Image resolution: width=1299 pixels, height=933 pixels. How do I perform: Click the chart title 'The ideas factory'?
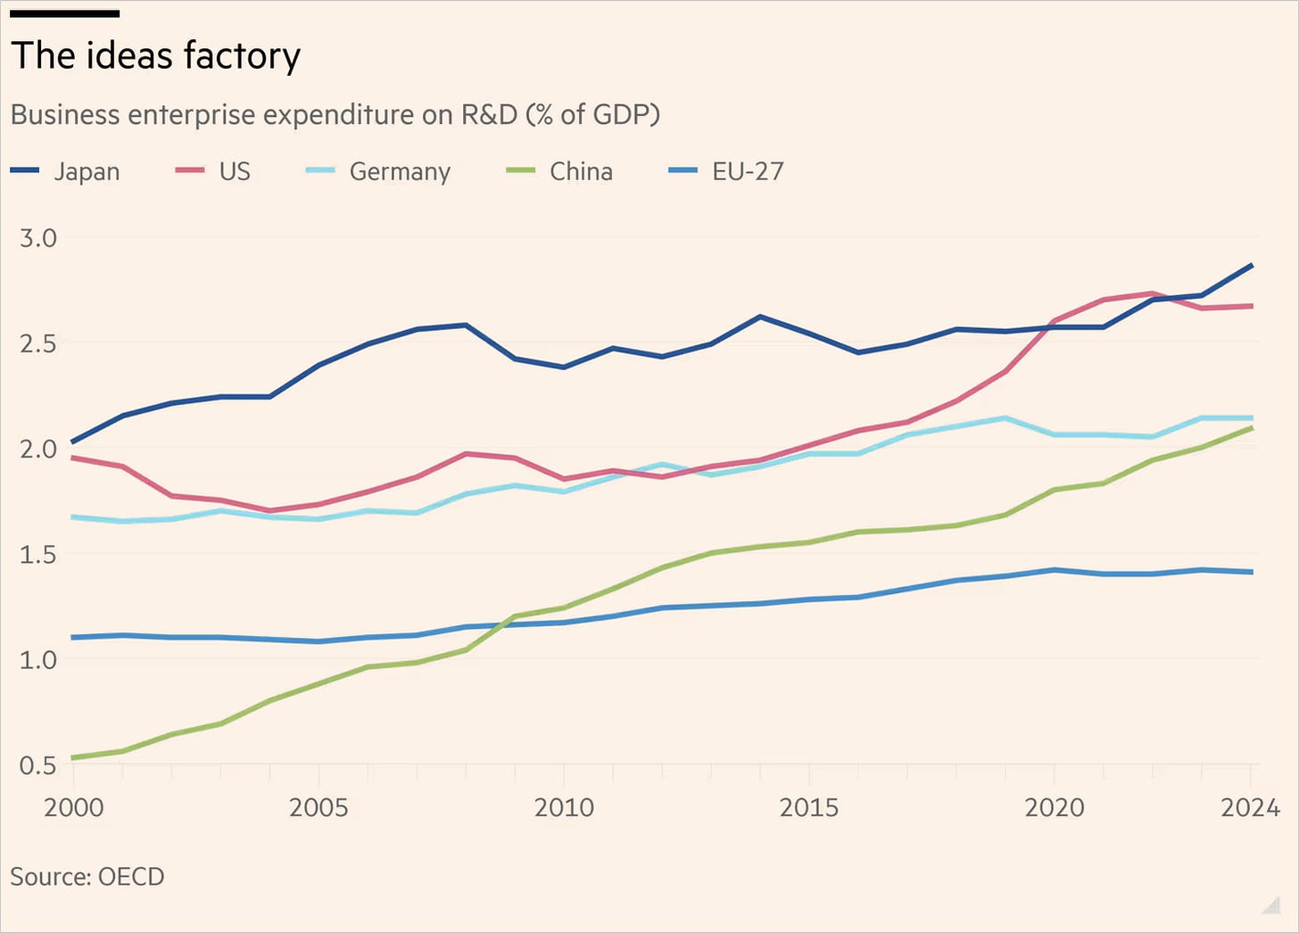(x=155, y=56)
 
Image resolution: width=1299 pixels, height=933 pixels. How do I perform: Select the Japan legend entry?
(x=65, y=171)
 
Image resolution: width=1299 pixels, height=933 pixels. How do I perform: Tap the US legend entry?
(x=213, y=171)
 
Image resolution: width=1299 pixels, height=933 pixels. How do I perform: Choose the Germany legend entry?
(x=378, y=171)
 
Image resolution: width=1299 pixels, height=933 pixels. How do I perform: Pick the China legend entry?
(x=559, y=171)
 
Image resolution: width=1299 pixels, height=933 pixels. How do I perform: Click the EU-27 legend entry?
(x=725, y=171)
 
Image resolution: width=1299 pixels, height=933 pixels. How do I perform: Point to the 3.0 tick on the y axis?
(x=38, y=238)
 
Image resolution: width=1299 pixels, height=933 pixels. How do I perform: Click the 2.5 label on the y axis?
(x=38, y=344)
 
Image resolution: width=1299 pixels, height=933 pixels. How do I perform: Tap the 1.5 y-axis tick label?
(x=38, y=555)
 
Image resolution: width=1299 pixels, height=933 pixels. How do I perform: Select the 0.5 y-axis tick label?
(x=38, y=766)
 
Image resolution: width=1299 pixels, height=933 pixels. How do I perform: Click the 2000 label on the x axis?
(x=74, y=808)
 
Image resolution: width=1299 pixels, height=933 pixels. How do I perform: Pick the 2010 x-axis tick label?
(x=564, y=808)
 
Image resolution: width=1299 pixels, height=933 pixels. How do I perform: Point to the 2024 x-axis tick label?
(x=1250, y=808)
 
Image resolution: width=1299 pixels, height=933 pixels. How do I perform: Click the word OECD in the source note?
(x=132, y=877)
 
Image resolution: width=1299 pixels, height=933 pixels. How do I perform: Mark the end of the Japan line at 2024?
(x=1252, y=266)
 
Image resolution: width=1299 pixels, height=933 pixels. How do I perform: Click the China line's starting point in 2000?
(x=73, y=757)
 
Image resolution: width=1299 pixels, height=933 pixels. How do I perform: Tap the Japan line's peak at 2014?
(x=760, y=317)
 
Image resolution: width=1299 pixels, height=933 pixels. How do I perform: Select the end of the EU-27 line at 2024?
(x=1252, y=573)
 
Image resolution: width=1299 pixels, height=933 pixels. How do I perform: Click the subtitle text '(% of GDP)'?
(x=592, y=115)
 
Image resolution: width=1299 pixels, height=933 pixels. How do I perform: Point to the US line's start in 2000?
(x=73, y=458)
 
